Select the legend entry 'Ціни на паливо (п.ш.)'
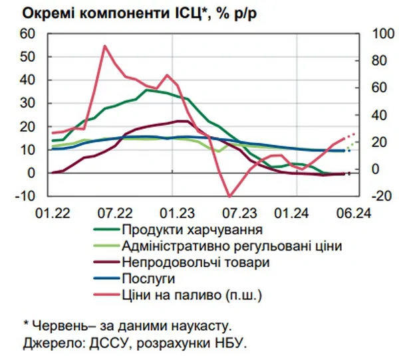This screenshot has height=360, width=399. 188,294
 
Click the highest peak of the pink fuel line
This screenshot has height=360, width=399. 104,46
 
